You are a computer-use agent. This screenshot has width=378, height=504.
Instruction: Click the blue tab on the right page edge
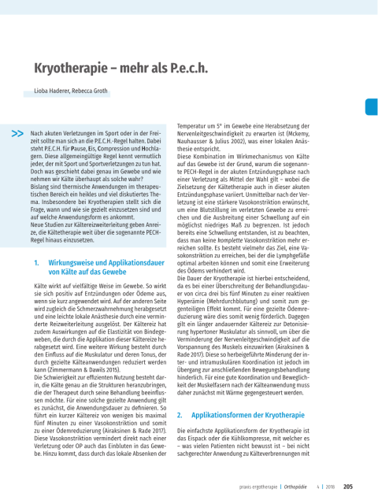coord(372,108)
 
